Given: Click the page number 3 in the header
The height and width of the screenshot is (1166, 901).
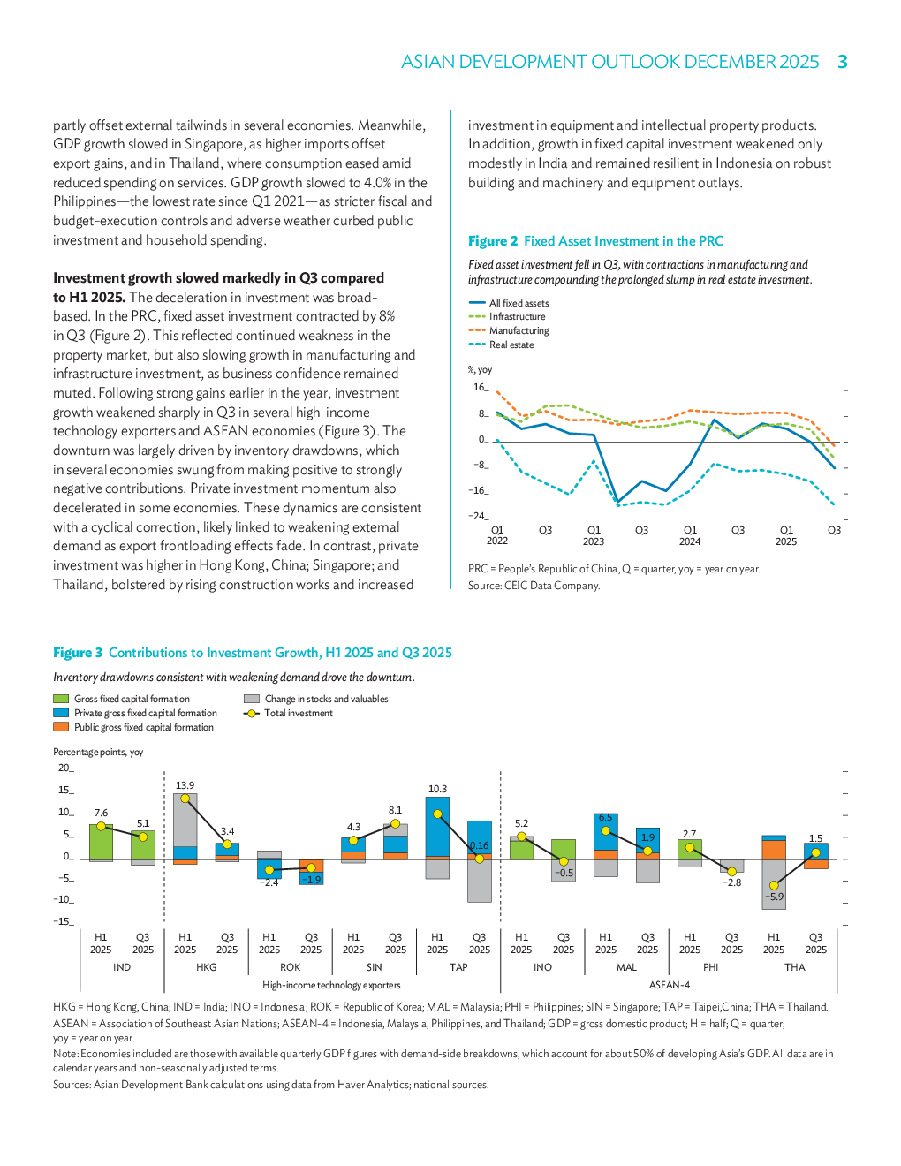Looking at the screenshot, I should tap(843, 62).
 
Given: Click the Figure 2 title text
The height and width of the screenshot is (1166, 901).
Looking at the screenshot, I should tap(595, 241).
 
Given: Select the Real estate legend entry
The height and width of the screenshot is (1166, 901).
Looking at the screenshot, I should tap(511, 345).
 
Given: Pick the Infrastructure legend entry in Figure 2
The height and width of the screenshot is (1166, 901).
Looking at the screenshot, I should tap(517, 316).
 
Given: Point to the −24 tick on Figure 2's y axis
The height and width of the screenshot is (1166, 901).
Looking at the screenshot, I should tap(477, 516).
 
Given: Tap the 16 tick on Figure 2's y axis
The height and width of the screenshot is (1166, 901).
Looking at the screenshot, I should tap(480, 387).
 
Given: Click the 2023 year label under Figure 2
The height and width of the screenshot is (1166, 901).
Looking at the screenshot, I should tap(593, 541).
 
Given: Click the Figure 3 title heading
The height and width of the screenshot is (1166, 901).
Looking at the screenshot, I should tap(253, 653).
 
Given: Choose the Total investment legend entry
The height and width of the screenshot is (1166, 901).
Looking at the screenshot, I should tap(298, 713).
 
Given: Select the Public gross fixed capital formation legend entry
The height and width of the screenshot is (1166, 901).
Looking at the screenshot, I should tap(143, 727).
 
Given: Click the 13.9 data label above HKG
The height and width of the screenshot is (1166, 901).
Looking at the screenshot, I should tap(185, 785).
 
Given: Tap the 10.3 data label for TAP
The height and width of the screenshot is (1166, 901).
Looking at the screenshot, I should tap(437, 789).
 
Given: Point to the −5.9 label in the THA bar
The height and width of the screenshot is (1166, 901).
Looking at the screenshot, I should tap(774, 897).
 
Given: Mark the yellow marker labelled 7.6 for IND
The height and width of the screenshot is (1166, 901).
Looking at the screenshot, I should tap(101, 826).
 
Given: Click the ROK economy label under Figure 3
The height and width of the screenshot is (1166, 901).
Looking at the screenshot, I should tap(290, 967).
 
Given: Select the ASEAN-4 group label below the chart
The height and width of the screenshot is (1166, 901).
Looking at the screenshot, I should tap(669, 985).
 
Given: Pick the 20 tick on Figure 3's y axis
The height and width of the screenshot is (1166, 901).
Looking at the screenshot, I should tap(64, 768).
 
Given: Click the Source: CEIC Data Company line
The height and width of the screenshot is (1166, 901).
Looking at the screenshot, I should tap(534, 586).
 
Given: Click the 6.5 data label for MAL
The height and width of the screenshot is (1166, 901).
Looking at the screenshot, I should tap(605, 818).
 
